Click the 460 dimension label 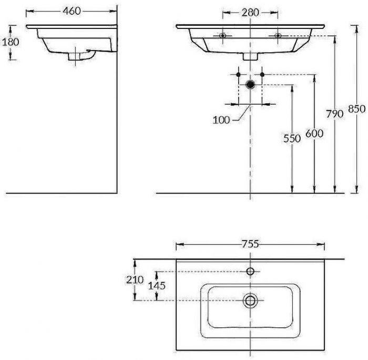tap(71, 11)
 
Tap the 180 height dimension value tap(11, 42)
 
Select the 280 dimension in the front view tap(250, 12)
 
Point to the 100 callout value tap(221, 120)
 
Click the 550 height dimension tap(292, 138)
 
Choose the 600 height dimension tap(314, 134)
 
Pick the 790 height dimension tap(334, 113)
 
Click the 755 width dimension tap(250, 244)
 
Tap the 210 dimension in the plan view tap(135, 280)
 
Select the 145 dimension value tap(157, 286)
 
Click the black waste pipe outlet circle tap(250, 84)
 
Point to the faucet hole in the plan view tap(250, 272)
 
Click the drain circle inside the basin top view tap(250, 301)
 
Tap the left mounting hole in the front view tap(223, 36)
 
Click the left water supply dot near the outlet tap(238, 74)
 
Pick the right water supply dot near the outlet tap(262, 74)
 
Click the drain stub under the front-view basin tap(250, 56)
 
